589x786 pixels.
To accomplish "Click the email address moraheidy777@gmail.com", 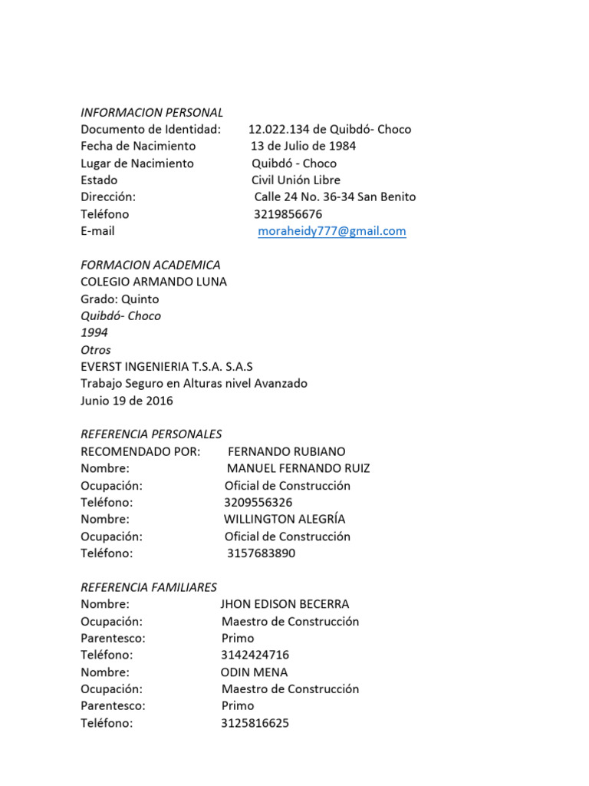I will coord(331,231).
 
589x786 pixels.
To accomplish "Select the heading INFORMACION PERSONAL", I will coord(152,112).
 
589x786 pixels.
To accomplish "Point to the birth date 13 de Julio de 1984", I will coord(304,146).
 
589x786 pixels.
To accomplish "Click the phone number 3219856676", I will coord(288,214).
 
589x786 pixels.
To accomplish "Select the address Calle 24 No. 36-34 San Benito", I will coord(334,196).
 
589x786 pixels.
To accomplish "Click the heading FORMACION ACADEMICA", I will coord(150,265).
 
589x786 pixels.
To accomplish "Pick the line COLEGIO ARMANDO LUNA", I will coord(153,282).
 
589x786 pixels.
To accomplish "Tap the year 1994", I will coord(94,332).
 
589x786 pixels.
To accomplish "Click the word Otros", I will coord(96,350).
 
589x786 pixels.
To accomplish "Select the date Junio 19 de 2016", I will coord(127,401).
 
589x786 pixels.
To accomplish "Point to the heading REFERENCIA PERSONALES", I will coord(151,434).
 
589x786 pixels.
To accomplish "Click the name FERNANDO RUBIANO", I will coord(287,451).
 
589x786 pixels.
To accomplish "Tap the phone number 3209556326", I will coord(258,503).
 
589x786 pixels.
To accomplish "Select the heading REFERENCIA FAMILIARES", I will coord(149,587).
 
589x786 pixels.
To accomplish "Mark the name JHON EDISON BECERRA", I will coord(285,604).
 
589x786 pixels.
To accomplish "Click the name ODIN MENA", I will coord(254,672).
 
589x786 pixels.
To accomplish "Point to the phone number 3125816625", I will coord(255,723).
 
